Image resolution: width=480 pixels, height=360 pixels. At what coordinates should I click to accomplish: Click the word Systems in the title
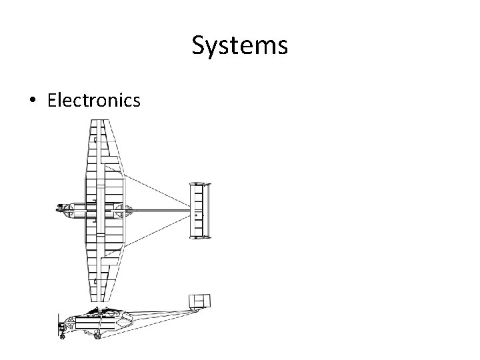[239, 46]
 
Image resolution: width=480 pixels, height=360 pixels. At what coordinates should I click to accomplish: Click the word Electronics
[94, 100]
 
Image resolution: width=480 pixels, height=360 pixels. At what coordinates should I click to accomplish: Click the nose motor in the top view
[64, 209]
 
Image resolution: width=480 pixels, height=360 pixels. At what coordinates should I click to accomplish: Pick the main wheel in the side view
[98, 335]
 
